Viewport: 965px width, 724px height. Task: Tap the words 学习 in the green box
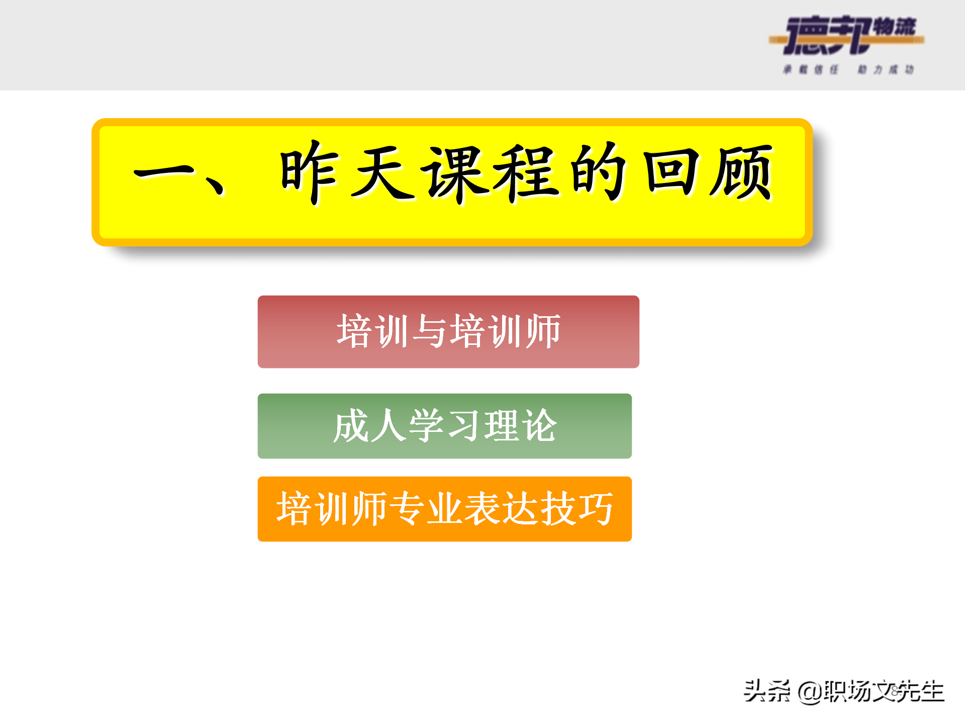point(445,426)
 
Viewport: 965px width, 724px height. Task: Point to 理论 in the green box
point(520,426)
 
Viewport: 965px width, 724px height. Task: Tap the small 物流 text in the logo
point(895,26)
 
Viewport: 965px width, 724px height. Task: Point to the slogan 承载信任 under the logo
point(811,69)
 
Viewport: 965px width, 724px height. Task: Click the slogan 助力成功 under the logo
point(886,69)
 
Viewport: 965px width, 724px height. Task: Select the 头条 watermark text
point(767,691)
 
